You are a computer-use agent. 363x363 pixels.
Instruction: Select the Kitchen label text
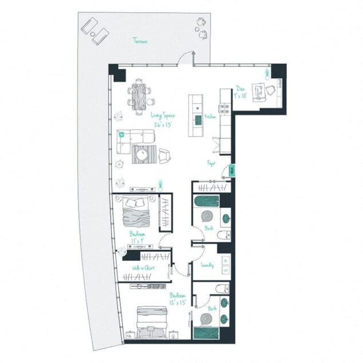(210, 116)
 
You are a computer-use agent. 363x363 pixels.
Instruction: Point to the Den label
(240, 89)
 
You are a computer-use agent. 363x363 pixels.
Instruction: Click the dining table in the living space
(140, 94)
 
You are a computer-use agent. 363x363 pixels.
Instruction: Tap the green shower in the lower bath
(206, 333)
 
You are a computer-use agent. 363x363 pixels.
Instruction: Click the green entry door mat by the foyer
(231, 169)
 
